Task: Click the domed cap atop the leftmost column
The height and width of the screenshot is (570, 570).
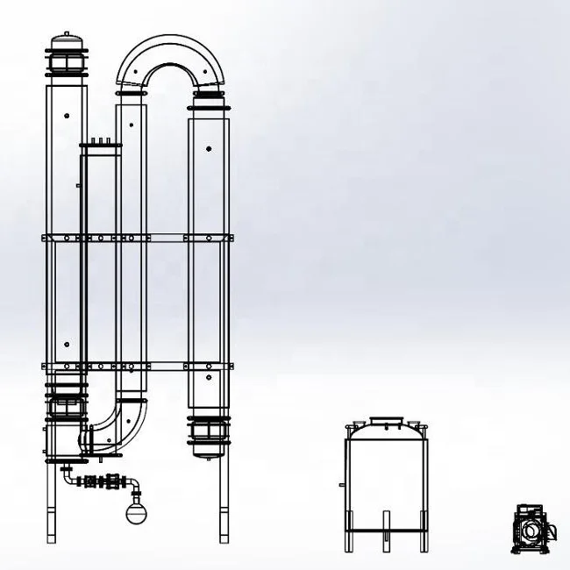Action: (x=67, y=39)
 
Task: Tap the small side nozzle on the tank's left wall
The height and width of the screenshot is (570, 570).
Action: (x=338, y=486)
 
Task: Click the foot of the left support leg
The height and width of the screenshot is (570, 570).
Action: (x=53, y=538)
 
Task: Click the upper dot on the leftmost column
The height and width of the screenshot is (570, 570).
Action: (x=67, y=115)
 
